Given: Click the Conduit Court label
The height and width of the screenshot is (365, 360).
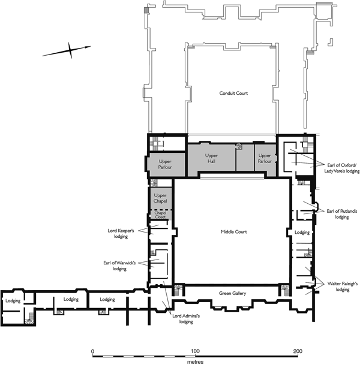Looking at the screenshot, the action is tap(233, 93).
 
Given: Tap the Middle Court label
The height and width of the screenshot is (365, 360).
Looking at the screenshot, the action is tap(234, 231).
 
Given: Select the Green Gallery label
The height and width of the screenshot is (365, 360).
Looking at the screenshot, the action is tap(233, 293).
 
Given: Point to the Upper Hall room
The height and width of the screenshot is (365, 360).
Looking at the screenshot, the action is tap(211, 158).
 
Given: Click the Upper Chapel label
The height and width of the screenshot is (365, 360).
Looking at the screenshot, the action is tap(160, 198).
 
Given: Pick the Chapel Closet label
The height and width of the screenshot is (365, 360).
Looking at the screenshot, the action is tap(160, 215).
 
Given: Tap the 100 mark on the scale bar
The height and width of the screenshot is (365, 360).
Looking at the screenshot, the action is tap(195, 351).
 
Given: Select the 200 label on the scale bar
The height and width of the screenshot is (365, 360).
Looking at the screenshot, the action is tap(298, 351).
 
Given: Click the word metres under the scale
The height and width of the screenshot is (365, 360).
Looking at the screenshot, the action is tap(195, 362).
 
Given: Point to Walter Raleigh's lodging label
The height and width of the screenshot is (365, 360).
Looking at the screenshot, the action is tap(342, 286).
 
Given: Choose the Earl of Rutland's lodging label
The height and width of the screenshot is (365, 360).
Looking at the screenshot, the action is tap(342, 214).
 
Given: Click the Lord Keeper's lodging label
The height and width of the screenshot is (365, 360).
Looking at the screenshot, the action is tap(121, 234).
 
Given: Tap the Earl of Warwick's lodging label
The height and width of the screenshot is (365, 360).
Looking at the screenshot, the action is tap(119, 266).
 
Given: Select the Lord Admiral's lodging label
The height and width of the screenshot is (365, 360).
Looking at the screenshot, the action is tap(186, 319).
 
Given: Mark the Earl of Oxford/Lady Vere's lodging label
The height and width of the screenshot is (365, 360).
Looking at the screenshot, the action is tap(342, 168).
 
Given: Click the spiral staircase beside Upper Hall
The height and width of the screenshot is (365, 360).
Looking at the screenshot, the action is tap(239, 147).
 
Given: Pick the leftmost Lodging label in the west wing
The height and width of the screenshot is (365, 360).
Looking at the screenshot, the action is tap(13, 301).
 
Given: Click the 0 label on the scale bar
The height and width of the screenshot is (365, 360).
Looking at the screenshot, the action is tap(93, 351).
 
